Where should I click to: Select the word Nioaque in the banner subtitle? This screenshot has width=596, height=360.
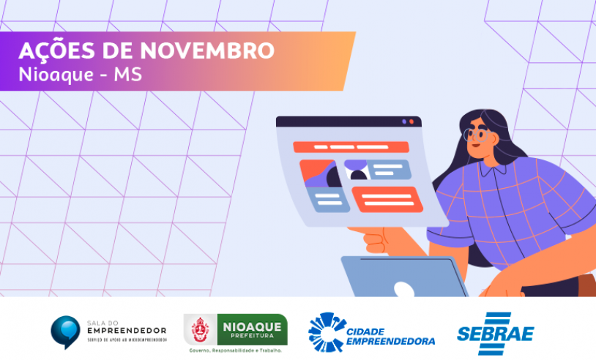[51, 74]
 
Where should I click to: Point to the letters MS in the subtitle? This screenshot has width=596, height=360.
[127, 74]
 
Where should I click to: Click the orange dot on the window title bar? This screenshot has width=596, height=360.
[411, 121]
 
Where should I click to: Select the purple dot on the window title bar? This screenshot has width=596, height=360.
[403, 121]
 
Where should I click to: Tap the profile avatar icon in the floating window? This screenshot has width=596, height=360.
[358, 173]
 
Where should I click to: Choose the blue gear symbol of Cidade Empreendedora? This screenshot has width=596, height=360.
[323, 331]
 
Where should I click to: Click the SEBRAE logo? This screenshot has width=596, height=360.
[496, 333]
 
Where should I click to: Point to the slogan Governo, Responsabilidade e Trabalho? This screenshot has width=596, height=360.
[235, 350]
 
